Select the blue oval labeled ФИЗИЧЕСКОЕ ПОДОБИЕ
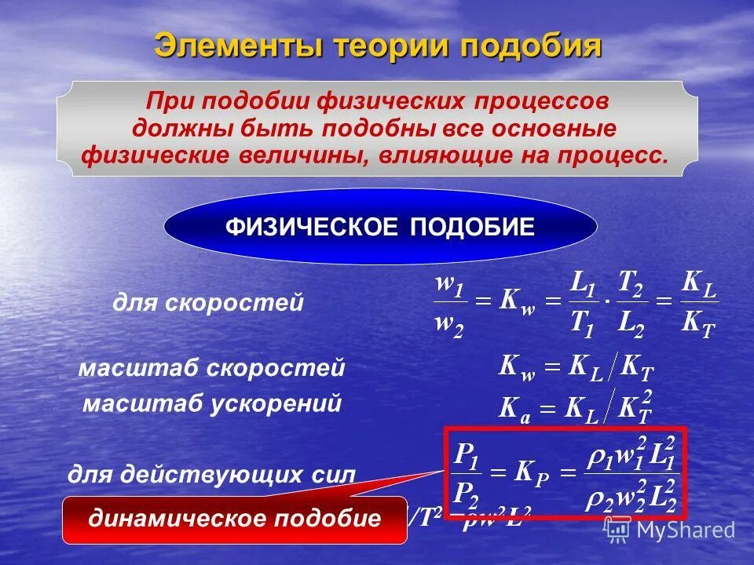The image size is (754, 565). [x=380, y=228]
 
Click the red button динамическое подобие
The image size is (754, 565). [x=234, y=519]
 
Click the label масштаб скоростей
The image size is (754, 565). [x=211, y=368]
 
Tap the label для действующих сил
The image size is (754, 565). [x=211, y=474]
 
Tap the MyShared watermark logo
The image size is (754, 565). [x=671, y=530]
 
